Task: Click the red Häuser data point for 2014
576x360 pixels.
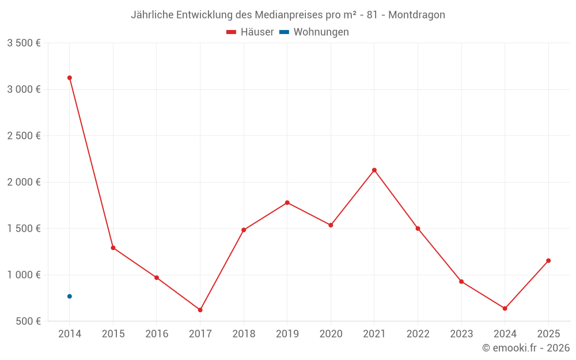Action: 70,78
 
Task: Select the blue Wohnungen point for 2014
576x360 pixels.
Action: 70,296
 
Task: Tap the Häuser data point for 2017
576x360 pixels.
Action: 200,310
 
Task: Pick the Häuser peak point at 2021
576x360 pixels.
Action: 374,170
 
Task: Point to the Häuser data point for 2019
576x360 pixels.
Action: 287,203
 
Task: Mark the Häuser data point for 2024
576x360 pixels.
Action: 505,308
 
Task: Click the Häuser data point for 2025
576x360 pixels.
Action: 548,260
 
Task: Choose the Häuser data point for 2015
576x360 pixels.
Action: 113,248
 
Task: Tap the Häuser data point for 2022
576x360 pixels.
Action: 418,229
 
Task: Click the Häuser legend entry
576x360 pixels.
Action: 250,32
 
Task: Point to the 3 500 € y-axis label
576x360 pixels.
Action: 24,43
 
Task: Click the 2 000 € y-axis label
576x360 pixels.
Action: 24,182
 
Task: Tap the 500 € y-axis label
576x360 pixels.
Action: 28,321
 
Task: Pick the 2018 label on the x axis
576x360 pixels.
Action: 244,334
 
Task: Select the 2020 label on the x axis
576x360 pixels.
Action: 331,334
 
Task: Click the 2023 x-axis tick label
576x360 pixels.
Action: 461,334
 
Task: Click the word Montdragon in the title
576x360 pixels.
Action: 416,15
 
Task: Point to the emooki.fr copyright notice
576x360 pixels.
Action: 526,348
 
